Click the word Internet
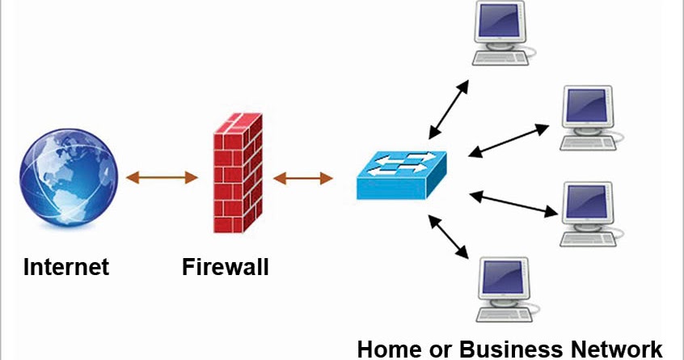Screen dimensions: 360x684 coord(65,266)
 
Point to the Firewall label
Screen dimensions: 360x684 coord(224,266)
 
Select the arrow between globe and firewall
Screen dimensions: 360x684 coord(158,176)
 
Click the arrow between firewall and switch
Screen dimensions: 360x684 coord(304,176)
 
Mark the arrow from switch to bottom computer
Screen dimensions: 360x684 coord(450,236)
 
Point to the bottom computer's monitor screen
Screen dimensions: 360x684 coord(504,278)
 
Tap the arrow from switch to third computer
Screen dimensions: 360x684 coord(514,203)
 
